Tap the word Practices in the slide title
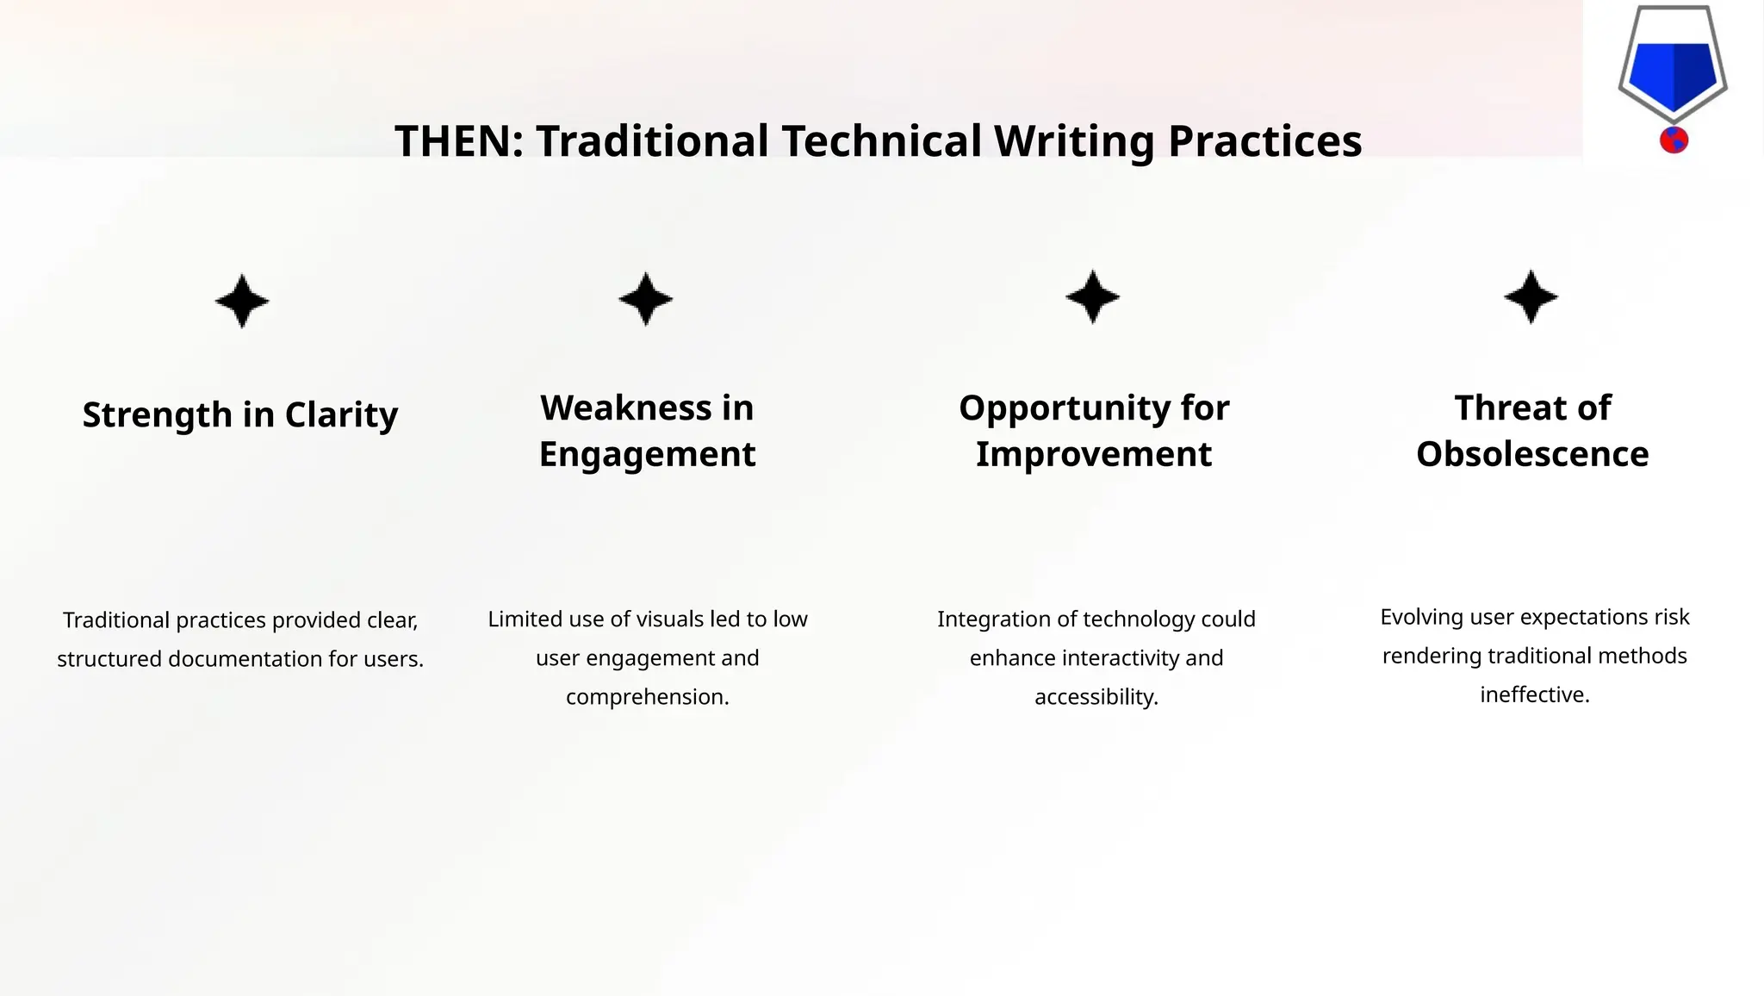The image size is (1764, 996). [1264, 141]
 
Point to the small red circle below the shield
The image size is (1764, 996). [1674, 140]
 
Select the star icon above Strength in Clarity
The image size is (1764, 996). [242, 301]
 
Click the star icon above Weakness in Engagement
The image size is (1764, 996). [646, 299]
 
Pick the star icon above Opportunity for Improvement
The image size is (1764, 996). [1093, 297]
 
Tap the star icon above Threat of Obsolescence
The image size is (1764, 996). [1531, 297]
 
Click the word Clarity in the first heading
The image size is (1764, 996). [341, 415]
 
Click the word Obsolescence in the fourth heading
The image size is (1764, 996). [1532, 454]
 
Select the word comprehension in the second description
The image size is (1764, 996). [647, 697]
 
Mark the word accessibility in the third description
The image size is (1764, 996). [1096, 697]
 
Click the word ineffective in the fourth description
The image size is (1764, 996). [1534, 695]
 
